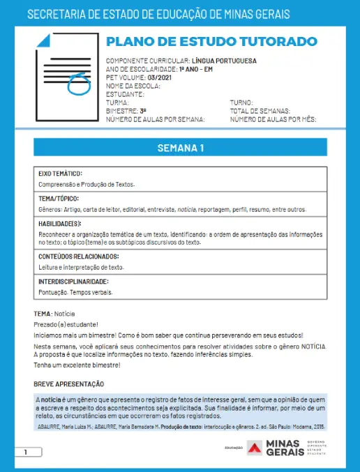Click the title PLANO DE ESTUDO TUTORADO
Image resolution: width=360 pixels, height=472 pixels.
pyautogui.click(x=211, y=42)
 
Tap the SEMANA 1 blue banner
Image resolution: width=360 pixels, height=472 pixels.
pyautogui.click(x=180, y=148)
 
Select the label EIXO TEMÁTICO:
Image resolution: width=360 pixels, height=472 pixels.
pyautogui.click(x=61, y=173)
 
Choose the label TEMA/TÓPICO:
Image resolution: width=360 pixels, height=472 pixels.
pyautogui.click(x=59, y=198)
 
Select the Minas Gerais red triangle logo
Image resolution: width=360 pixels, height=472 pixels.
pyautogui.click(x=255, y=448)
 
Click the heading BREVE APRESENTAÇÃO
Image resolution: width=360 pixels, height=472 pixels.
pyautogui.click(x=69, y=384)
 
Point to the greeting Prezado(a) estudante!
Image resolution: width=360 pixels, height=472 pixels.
pyautogui.click(x=66, y=324)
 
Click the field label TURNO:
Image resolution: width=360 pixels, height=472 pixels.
pyautogui.click(x=241, y=102)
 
